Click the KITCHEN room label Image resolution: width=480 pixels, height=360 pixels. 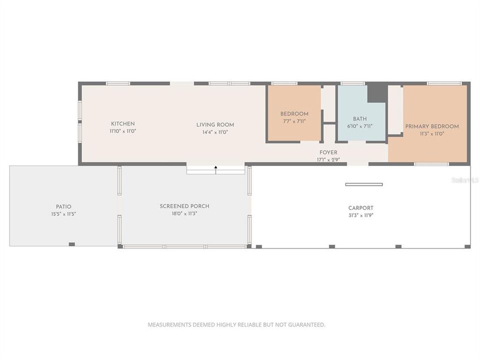coord(122,123)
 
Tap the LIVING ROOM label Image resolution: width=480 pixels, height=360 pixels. coord(215,125)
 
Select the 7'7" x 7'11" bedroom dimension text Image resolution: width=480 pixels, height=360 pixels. coord(294,120)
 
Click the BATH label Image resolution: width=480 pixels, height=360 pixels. coord(359,119)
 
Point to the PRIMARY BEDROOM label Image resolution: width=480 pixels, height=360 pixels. coord(431,126)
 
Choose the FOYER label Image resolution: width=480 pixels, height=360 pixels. coord(328,152)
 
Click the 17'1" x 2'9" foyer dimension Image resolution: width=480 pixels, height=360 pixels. coord(328,160)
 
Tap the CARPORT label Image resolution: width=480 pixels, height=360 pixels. coord(360,208)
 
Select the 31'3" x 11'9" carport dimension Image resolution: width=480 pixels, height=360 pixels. coord(360,215)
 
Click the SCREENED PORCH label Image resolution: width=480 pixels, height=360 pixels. coord(184,206)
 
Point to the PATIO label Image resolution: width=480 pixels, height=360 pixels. coord(63,206)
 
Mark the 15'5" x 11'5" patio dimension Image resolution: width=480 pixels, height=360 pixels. coord(63,214)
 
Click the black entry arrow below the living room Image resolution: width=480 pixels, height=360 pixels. coord(216,169)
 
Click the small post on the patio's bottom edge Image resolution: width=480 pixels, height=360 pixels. coord(71,244)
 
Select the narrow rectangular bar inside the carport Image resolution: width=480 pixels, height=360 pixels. coord(363,184)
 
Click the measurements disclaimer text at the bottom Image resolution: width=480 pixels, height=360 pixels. coord(236,324)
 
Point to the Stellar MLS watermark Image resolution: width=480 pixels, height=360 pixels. coord(464,179)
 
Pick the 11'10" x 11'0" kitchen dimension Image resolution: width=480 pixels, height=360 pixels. coord(122,131)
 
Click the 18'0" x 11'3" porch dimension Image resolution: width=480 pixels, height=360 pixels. coord(184,213)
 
